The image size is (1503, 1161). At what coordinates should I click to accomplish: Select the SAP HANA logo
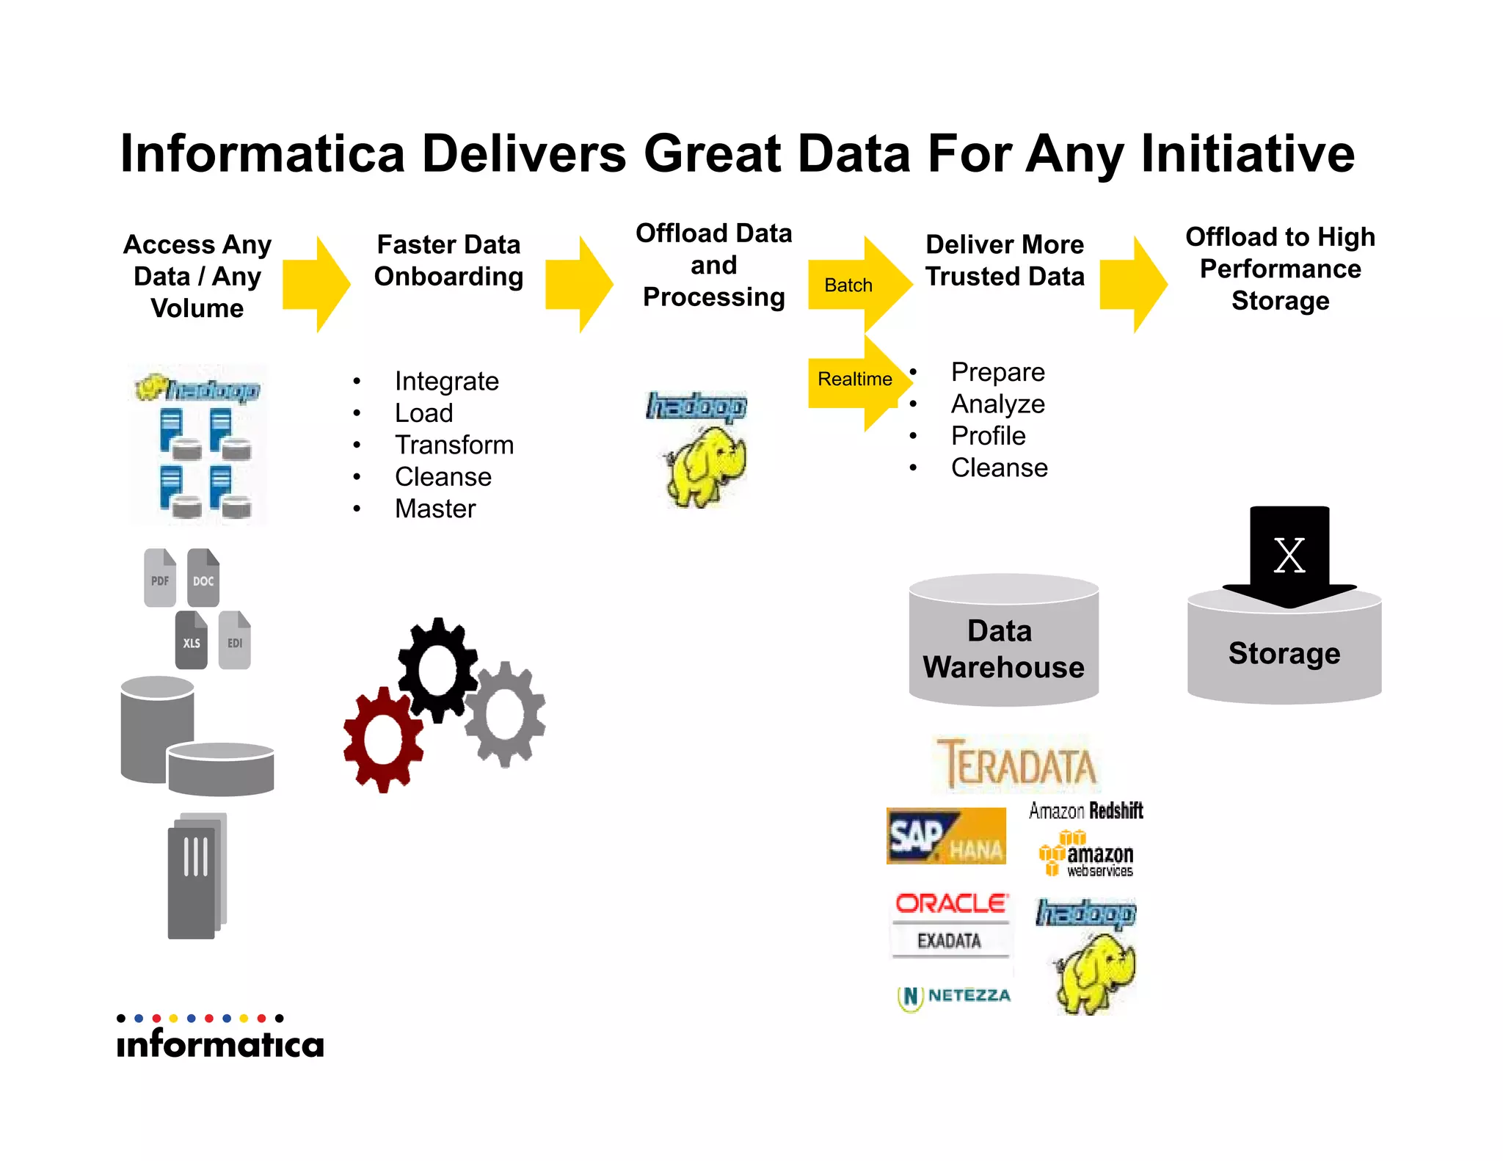click(x=946, y=837)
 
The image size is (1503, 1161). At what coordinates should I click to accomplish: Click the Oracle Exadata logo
click(x=951, y=922)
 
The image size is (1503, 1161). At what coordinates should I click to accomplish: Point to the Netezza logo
click(x=954, y=997)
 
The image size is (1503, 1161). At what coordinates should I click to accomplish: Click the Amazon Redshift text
click(x=1085, y=811)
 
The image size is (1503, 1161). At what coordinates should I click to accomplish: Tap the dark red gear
click(x=383, y=740)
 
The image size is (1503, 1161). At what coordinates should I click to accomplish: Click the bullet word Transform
click(x=454, y=445)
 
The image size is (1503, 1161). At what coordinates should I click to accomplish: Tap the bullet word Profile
click(x=988, y=436)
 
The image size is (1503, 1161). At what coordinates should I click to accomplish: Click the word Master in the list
click(x=435, y=509)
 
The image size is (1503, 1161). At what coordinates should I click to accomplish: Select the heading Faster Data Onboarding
click(x=448, y=261)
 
